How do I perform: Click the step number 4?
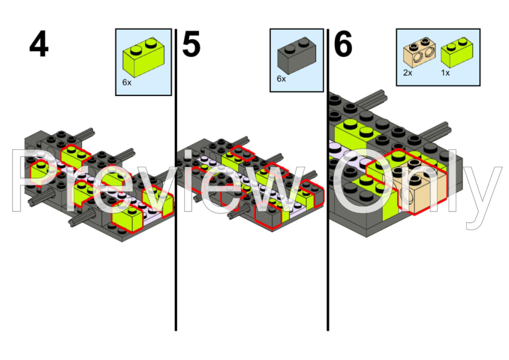point(39,44)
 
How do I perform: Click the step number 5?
point(192,44)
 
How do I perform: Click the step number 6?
point(343,43)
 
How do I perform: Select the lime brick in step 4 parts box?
point(143,57)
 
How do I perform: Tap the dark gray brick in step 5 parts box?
point(297,55)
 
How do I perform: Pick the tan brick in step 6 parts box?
point(420,52)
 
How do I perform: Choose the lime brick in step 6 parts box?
point(457,52)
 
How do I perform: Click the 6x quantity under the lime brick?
point(127,83)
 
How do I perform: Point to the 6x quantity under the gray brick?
point(282,79)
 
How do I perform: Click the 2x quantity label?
point(407,73)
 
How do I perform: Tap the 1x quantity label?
point(446,73)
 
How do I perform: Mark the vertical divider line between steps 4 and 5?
point(176,180)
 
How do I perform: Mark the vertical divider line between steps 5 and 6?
point(328,180)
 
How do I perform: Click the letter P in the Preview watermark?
point(31,182)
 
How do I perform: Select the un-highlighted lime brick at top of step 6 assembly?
point(357,133)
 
